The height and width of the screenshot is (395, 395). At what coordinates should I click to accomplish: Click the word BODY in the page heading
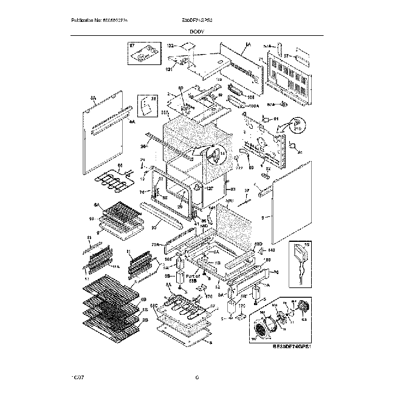(x=197, y=30)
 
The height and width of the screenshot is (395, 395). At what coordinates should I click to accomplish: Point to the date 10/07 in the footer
(x=77, y=378)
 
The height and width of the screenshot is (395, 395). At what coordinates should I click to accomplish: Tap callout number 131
(x=170, y=68)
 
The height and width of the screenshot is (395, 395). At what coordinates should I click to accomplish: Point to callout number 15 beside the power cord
(x=307, y=246)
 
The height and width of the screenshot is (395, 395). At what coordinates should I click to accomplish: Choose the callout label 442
(x=272, y=249)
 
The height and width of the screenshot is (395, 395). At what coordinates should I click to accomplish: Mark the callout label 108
(x=250, y=96)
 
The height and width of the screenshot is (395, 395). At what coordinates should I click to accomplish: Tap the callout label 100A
(x=253, y=106)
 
